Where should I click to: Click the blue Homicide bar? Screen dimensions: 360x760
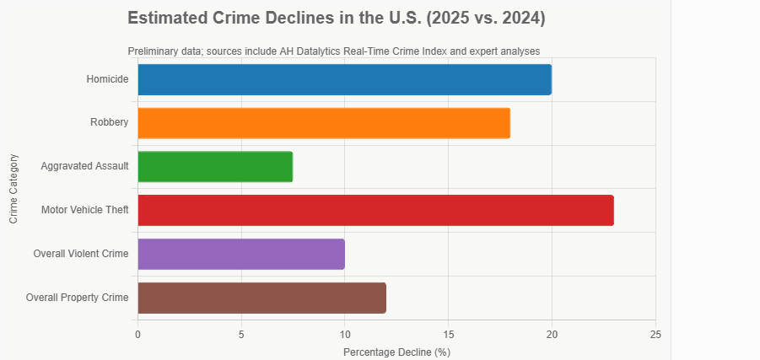pos(344,79)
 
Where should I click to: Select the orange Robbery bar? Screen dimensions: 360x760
pos(324,123)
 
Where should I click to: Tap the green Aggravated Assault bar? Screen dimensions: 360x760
pos(215,166)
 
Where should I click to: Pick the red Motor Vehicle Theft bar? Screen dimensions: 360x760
pos(375,210)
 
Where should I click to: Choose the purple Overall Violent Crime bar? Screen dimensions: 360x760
pos(241,254)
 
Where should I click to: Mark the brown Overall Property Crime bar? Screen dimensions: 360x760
pos(261,298)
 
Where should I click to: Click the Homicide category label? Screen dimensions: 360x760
pos(107,79)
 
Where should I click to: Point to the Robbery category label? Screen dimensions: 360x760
pos(110,123)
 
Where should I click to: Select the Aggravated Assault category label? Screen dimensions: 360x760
pos(84,166)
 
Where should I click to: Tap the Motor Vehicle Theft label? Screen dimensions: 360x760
pos(84,210)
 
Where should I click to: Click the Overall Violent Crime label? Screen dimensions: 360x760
pos(81,254)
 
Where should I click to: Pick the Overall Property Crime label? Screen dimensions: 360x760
pos(78,298)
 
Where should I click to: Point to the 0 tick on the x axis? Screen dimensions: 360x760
pos(137,334)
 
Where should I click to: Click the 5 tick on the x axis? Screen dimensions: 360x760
pos(241,334)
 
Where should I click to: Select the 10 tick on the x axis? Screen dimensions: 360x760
pos(345,334)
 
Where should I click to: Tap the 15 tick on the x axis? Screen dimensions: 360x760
pos(449,334)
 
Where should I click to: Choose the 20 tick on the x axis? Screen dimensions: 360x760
pos(552,334)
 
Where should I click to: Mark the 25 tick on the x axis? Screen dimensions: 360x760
pos(655,334)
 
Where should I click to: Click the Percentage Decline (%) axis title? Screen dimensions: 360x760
pos(396,352)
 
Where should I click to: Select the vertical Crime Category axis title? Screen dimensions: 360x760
pos(13,188)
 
